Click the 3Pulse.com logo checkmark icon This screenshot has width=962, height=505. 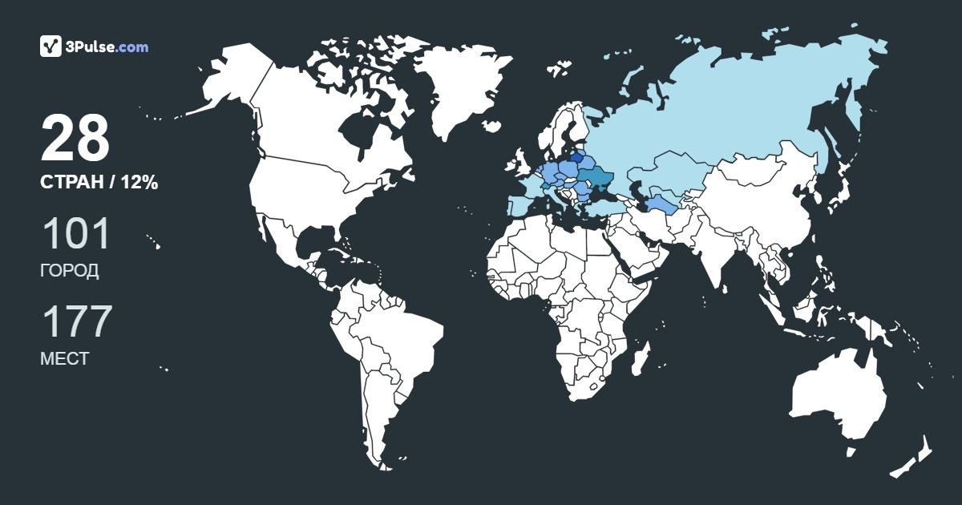[x=51, y=46]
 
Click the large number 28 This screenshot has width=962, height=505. [x=75, y=139]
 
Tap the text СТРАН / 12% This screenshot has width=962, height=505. [x=99, y=183]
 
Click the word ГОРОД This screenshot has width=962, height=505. [x=70, y=270]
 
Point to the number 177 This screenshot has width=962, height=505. [x=76, y=322]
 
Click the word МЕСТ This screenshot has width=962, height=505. [x=64, y=358]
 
